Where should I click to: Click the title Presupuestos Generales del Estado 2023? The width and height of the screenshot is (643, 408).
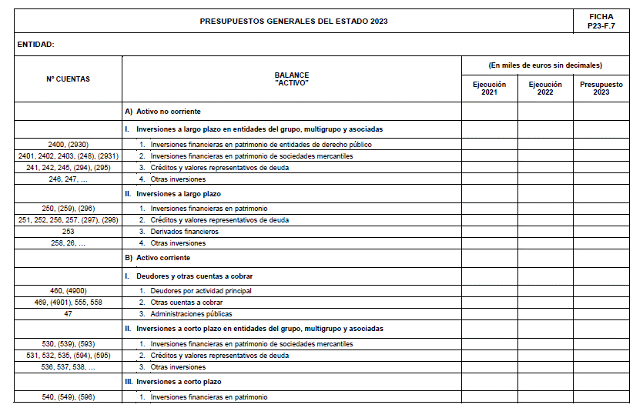coord(293,21)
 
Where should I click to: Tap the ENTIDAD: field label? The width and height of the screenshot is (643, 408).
coord(35,45)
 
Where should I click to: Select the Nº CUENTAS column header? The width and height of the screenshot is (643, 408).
coord(68,79)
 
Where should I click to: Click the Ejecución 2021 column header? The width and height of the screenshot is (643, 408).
coord(490,89)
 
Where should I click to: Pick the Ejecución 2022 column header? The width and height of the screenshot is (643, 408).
coord(545,89)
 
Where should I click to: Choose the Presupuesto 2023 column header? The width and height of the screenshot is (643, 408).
coord(601,89)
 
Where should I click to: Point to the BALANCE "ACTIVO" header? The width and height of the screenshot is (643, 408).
coord(291,79)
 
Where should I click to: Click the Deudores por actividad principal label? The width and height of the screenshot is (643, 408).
coord(200,291)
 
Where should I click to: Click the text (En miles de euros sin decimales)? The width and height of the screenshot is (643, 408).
coord(545,65)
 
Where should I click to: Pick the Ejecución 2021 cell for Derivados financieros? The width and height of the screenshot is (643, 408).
coord(490,232)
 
